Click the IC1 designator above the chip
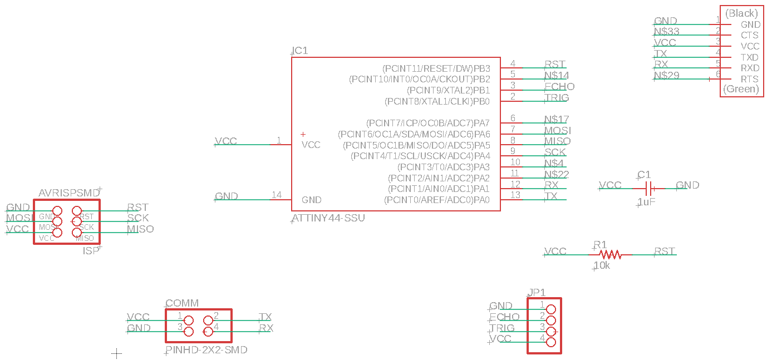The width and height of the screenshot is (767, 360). point(300,51)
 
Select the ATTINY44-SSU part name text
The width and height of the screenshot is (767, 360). point(328,218)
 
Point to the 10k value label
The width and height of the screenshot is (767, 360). point(602,266)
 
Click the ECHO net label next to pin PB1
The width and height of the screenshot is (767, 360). point(559,86)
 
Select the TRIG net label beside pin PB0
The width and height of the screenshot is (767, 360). point(557,97)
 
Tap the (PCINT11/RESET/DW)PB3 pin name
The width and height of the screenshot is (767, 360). point(436,68)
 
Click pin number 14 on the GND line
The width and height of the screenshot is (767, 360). point(277,195)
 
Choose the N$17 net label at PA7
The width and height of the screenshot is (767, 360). point(557,119)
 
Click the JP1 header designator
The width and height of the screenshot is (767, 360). point(537,292)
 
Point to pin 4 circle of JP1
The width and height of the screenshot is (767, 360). point(551,342)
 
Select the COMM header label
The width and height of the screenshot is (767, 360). point(182,303)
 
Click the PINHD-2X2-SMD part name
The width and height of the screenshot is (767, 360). point(206,350)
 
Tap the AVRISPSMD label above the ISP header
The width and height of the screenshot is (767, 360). point(69,193)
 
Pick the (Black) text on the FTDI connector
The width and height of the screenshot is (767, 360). point(742,13)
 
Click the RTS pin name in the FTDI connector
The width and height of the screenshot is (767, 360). point(750,79)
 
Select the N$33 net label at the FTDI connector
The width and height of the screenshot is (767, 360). point(667,32)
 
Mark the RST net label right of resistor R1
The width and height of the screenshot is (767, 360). point(665,251)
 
